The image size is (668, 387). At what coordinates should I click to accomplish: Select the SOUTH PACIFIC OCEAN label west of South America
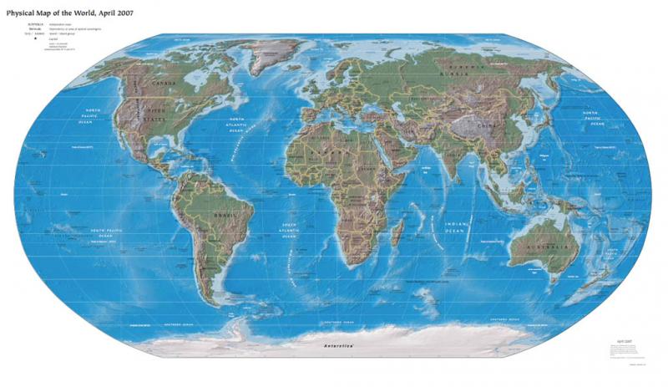click(x=104, y=233)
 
